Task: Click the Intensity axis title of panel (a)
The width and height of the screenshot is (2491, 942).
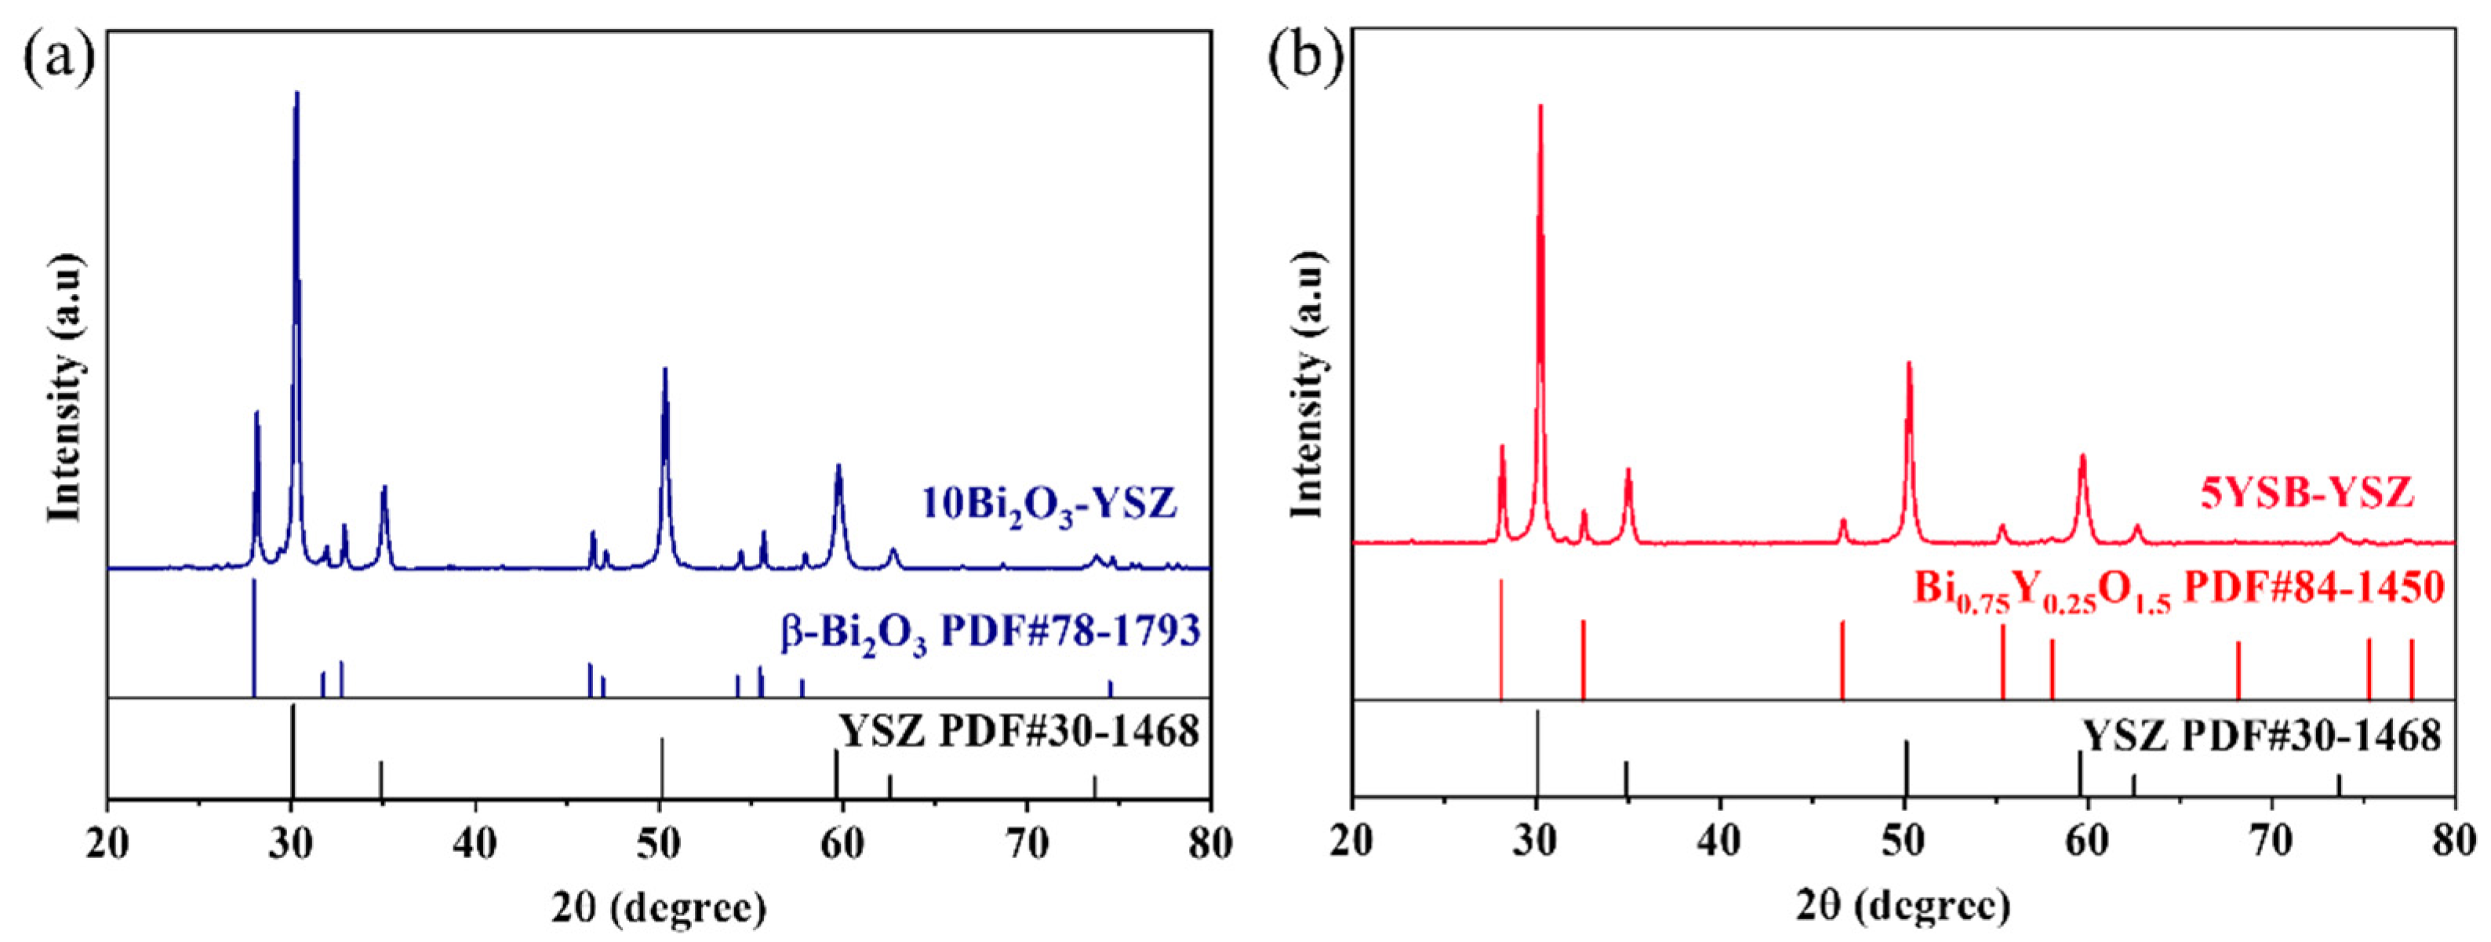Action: [x=67, y=387]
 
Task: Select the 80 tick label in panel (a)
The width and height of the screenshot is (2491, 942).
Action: [x=1209, y=844]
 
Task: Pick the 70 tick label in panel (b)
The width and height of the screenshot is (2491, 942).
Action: [x=2271, y=844]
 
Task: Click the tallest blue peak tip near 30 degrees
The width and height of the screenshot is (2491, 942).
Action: [x=297, y=93]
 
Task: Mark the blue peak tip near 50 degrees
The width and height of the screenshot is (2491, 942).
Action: [x=665, y=369]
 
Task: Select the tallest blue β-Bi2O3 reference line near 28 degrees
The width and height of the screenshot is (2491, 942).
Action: [x=253, y=638]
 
